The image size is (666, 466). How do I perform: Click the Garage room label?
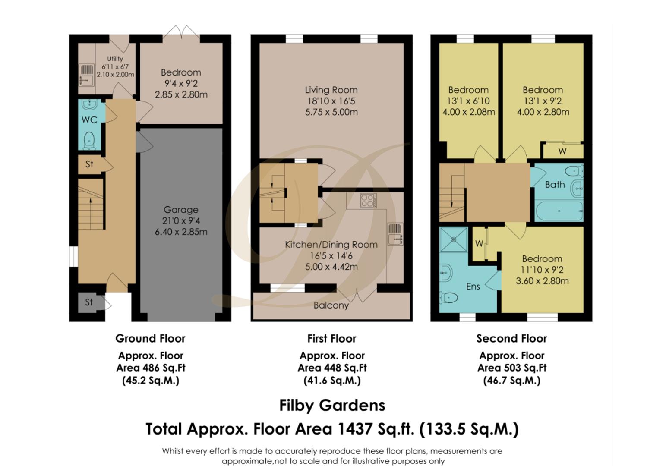(181, 210)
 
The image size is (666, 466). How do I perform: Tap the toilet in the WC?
(89, 141)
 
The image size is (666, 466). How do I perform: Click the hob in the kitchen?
(368, 200)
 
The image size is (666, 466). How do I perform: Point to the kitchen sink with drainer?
(395, 234)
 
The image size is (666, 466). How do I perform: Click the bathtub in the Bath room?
(559, 211)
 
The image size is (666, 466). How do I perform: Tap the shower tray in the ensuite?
(453, 239)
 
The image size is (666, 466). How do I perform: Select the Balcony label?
(331, 305)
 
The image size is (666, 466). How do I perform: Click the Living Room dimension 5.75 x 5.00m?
(331, 112)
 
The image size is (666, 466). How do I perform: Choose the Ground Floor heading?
(150, 339)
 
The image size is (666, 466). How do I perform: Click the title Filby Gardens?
(332, 405)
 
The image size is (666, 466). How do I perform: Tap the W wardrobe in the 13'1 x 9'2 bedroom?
(562, 151)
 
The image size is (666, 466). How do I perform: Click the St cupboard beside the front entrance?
(89, 302)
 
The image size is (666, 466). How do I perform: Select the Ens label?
(473, 287)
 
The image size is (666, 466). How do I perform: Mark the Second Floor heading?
(511, 339)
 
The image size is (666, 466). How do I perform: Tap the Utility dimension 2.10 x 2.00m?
(115, 74)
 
